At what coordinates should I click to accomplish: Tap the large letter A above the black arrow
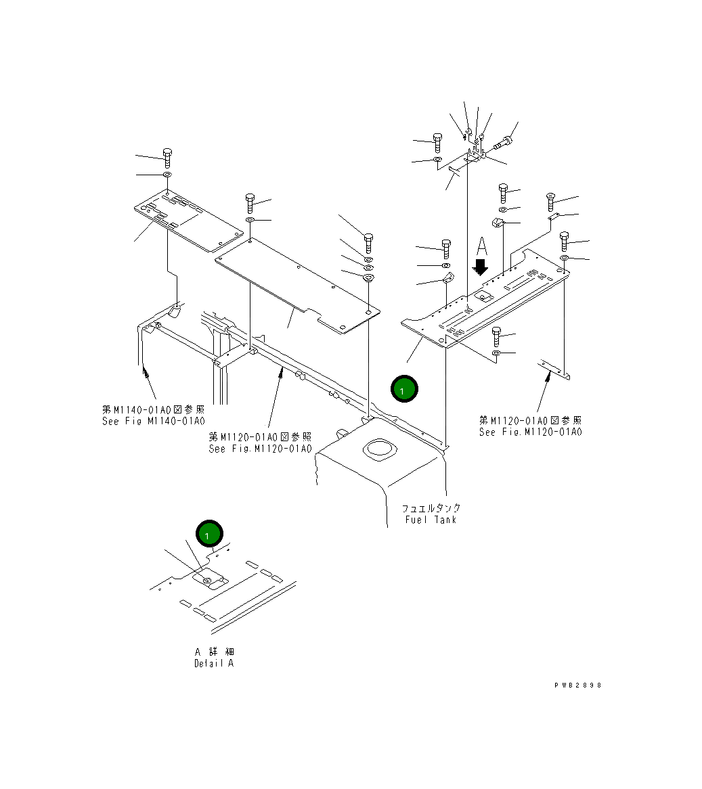click(481, 244)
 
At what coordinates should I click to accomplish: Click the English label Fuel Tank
click(431, 520)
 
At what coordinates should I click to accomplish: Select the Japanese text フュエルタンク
click(431, 508)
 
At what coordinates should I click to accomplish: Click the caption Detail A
click(214, 663)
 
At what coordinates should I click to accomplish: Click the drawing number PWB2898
click(577, 685)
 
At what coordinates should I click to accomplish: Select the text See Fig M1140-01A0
click(153, 421)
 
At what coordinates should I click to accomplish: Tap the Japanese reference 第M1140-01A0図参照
click(153, 409)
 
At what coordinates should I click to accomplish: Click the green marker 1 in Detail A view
click(209, 535)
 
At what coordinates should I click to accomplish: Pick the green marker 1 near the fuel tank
click(404, 390)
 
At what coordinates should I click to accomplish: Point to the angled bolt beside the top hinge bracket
click(504, 143)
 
